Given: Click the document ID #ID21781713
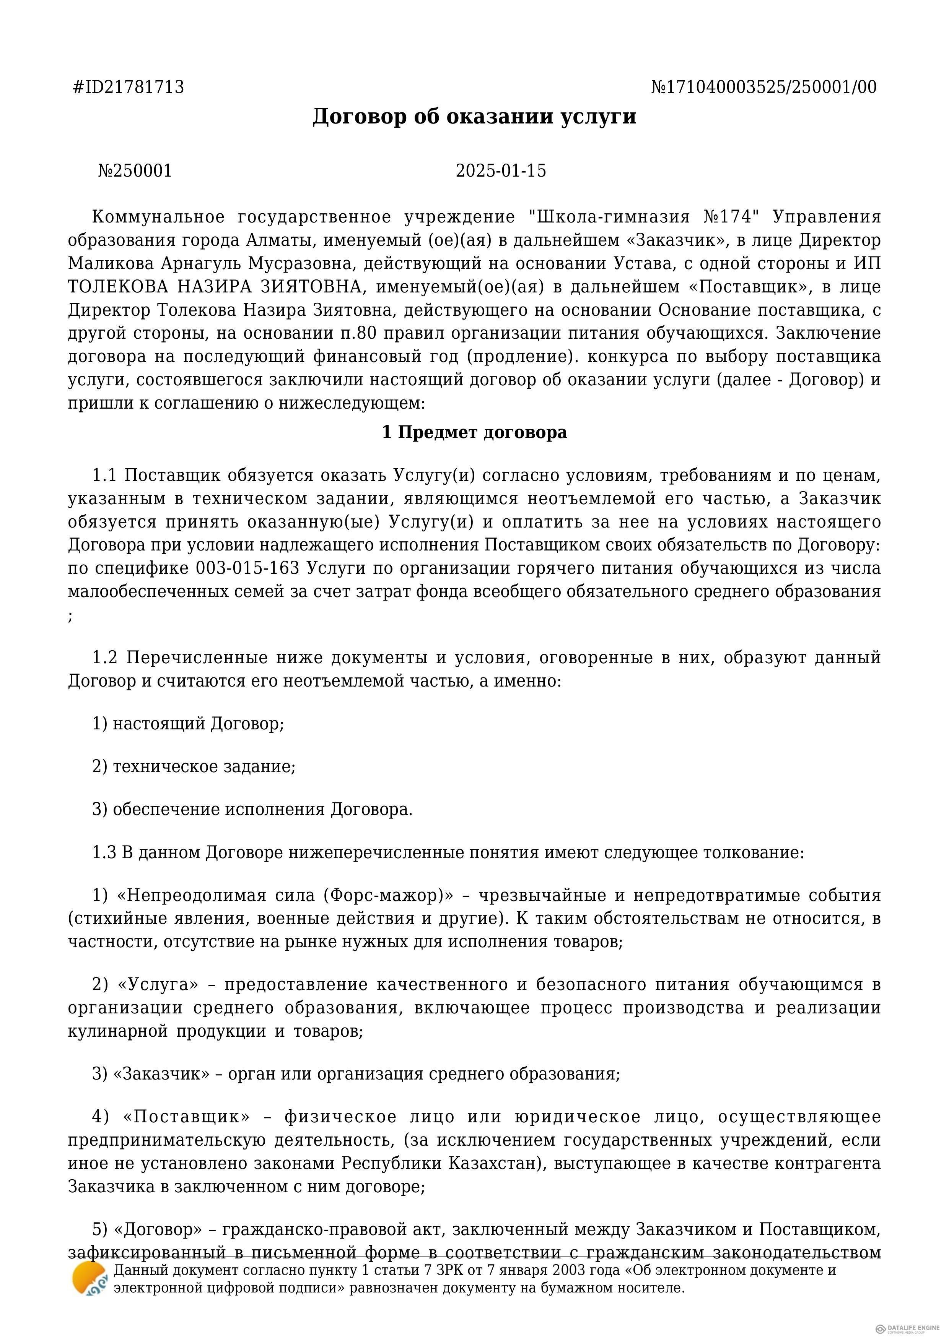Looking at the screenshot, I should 128,87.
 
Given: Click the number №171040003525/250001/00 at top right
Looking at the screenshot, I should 764,87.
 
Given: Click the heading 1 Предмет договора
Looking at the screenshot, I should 474,432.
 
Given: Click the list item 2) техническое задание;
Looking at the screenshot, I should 194,766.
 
